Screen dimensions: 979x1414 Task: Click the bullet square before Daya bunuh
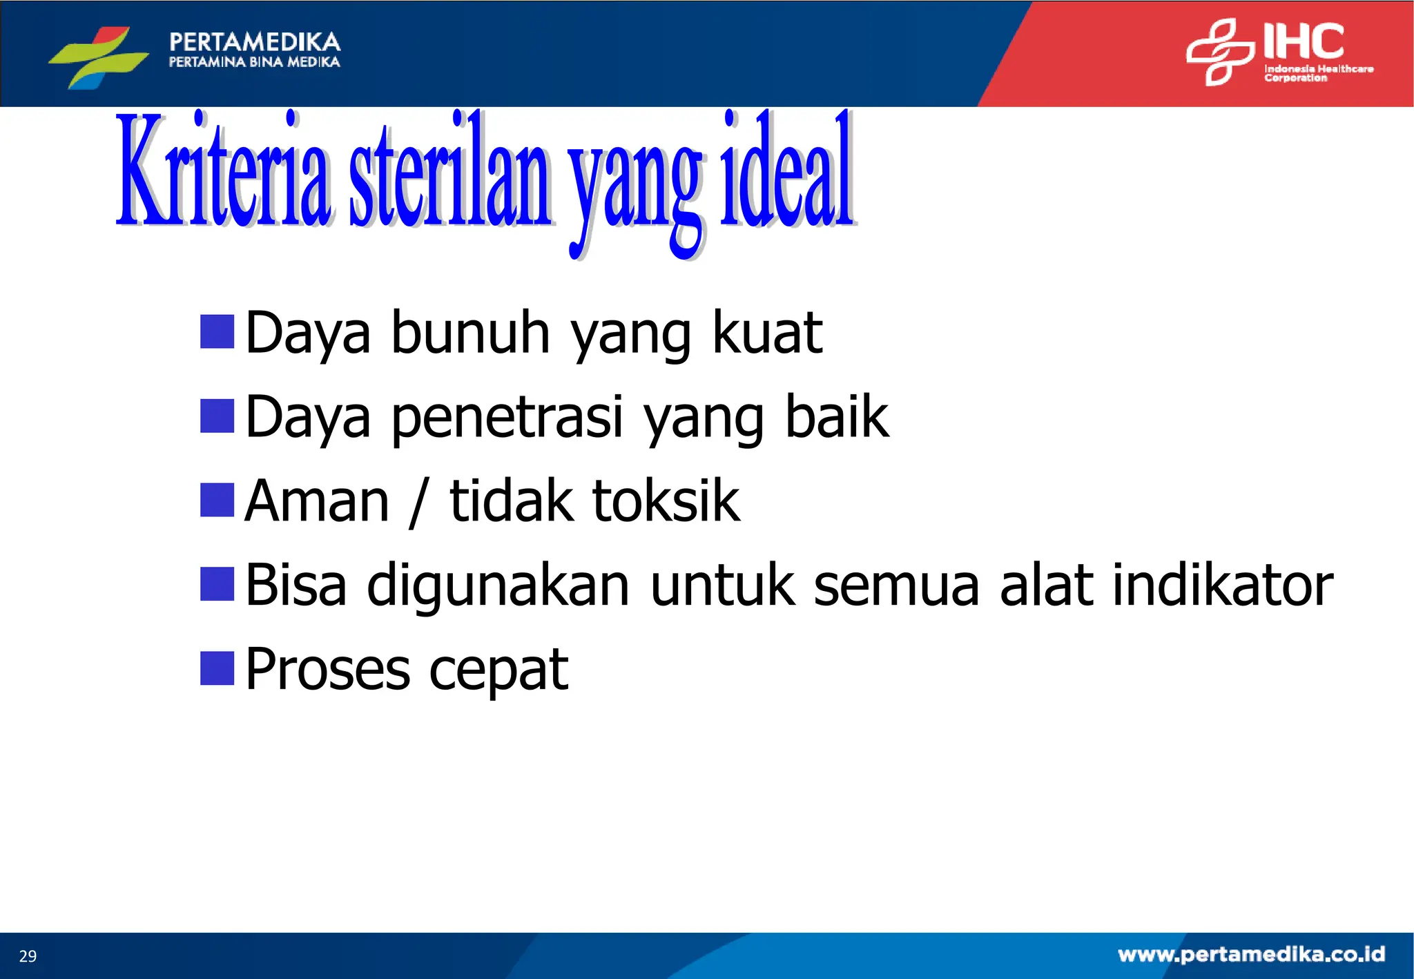(217, 331)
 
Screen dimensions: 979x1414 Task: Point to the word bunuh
(470, 333)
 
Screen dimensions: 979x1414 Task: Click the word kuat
(766, 333)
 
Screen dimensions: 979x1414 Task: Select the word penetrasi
(507, 418)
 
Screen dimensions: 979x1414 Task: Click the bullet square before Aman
(217, 500)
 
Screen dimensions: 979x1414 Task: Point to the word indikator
(1221, 585)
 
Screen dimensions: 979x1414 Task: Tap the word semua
(896, 586)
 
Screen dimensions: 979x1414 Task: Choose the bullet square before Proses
(217, 668)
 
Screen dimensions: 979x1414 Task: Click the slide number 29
(28, 956)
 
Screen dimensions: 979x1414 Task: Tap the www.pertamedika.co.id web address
(1251, 955)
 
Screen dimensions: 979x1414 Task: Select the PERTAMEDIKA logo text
(255, 42)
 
